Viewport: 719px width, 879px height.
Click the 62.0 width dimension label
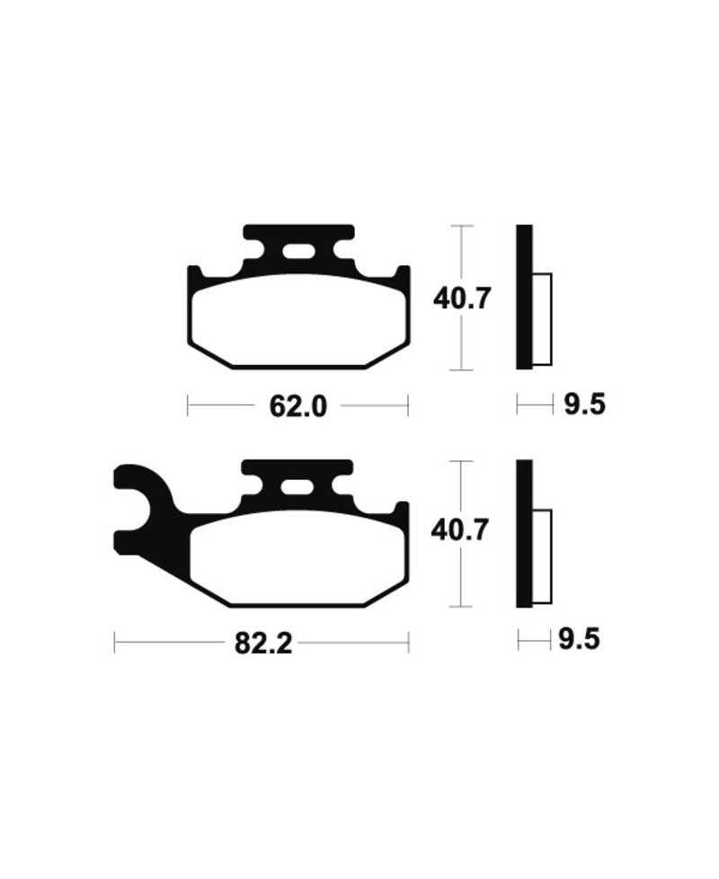pos(297,406)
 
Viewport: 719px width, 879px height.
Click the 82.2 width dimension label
pos(263,643)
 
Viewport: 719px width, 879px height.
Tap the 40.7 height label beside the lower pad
pos(459,529)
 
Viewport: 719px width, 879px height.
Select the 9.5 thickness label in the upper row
pos(584,404)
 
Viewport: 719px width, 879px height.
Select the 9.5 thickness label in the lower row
pos(579,640)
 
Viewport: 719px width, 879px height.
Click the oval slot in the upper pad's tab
pos(297,252)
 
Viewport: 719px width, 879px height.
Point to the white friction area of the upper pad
pos(297,321)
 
